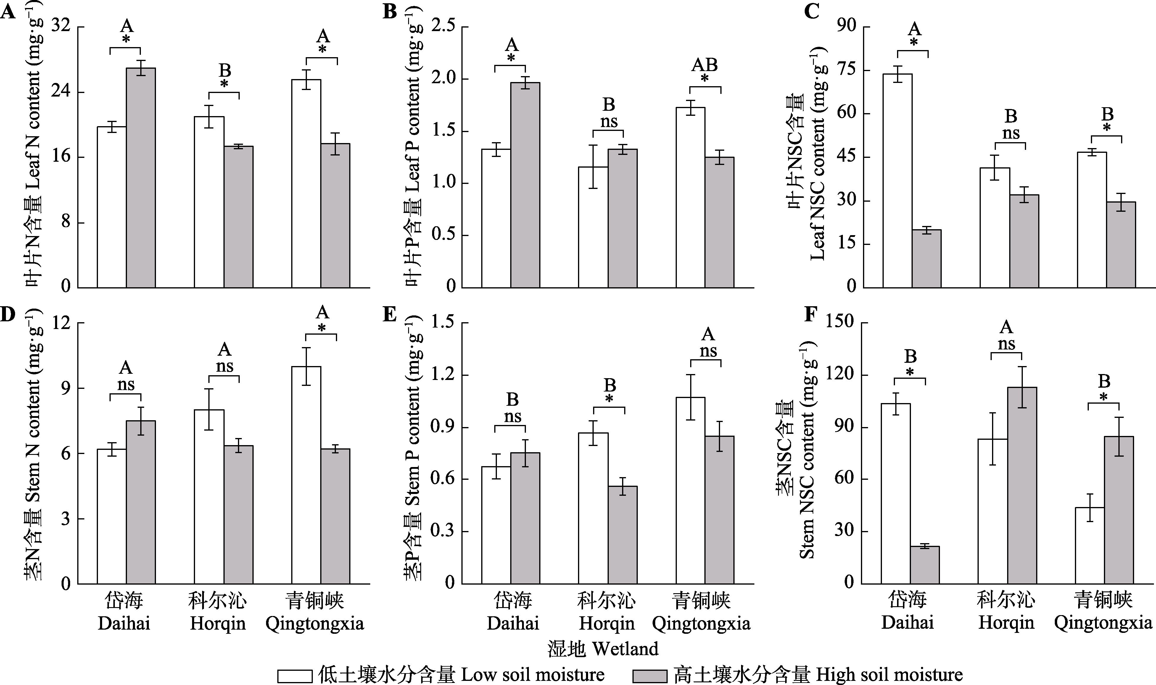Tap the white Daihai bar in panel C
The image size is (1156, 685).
coord(897,180)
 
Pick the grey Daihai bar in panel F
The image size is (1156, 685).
coord(925,565)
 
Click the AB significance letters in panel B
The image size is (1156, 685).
coord(704,65)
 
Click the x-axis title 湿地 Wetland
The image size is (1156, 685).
coord(603,649)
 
